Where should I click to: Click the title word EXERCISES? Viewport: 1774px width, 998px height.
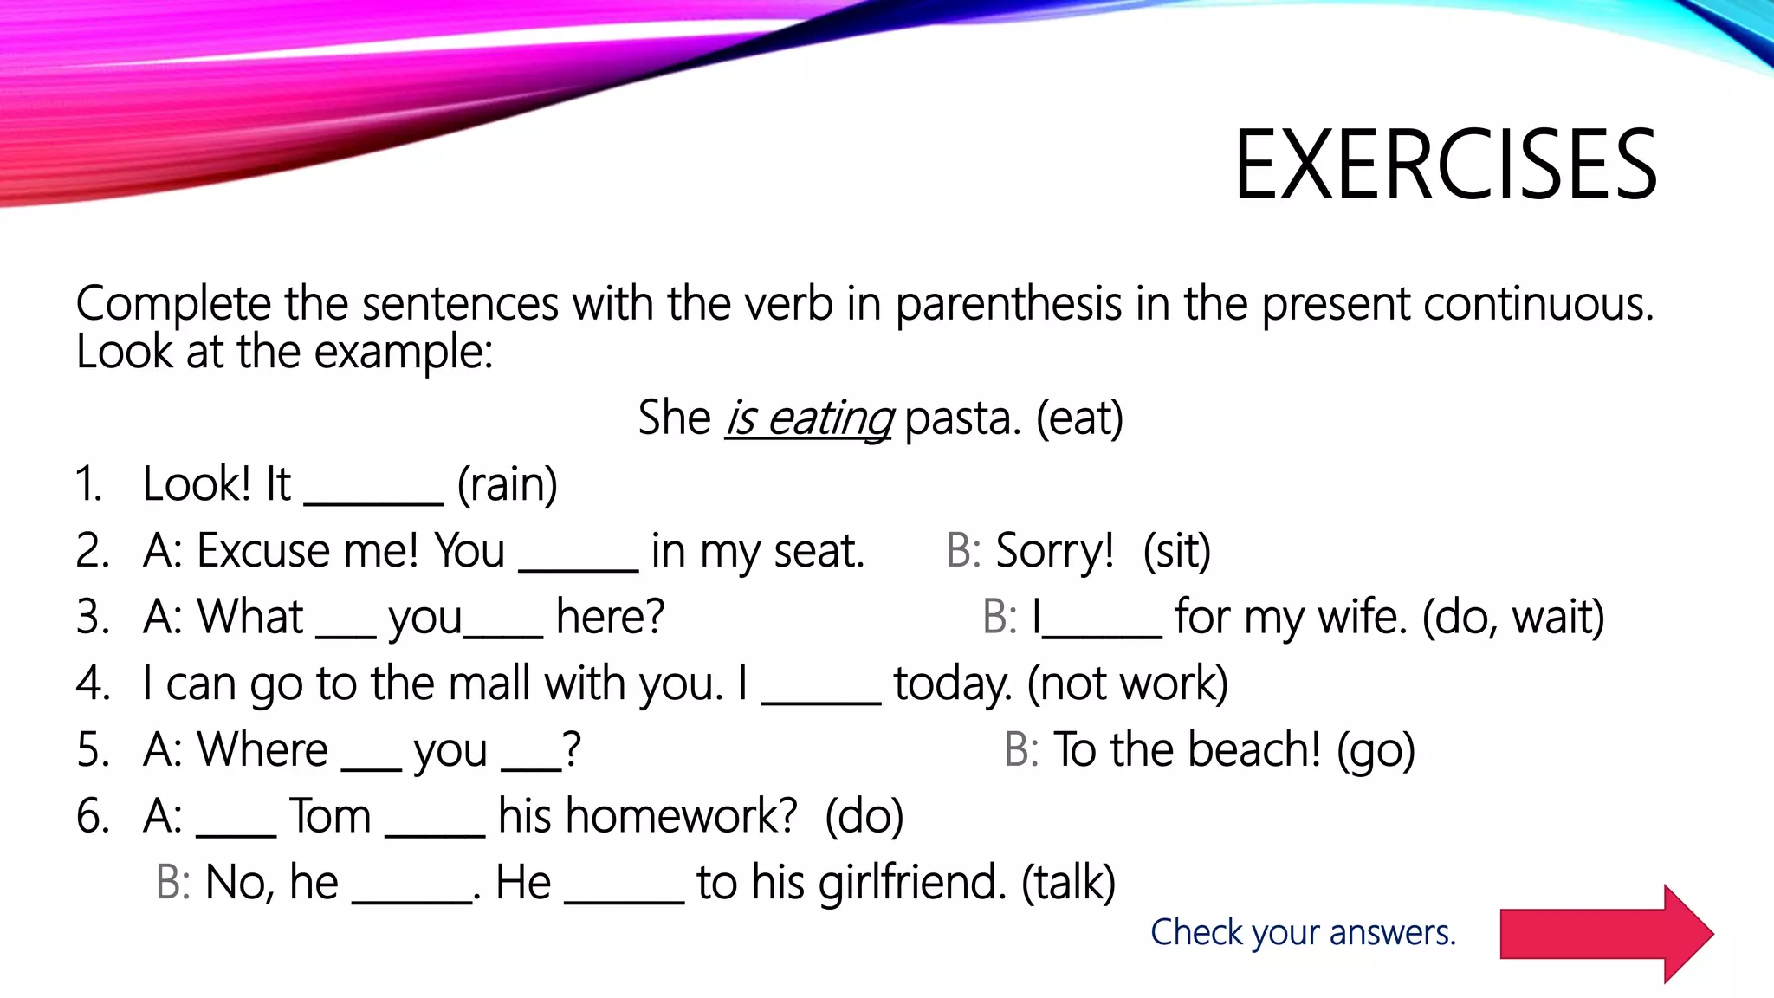pos(1445,165)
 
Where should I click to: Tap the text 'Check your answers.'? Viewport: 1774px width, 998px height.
pos(1303,933)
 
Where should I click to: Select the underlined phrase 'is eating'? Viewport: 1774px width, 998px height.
pos(808,418)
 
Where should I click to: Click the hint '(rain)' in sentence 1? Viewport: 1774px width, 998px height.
pos(507,484)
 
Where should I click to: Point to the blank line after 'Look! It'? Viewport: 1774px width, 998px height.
pos(373,494)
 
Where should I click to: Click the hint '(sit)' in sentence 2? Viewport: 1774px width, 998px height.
pos(1176,551)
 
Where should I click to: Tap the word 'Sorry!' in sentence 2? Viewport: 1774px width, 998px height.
pos(1054,551)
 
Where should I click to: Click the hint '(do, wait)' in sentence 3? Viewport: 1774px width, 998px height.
pos(1512,618)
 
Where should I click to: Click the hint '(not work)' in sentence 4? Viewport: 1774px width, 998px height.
pos(1127,684)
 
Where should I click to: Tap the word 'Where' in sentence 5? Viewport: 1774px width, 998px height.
pos(262,750)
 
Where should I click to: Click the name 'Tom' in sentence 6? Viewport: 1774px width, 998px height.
pos(330,817)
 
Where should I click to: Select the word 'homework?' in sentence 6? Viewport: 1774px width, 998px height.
pos(647,817)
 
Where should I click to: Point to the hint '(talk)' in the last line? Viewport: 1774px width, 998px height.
pos(1068,884)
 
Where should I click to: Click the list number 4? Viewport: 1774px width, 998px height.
pos(93,684)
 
